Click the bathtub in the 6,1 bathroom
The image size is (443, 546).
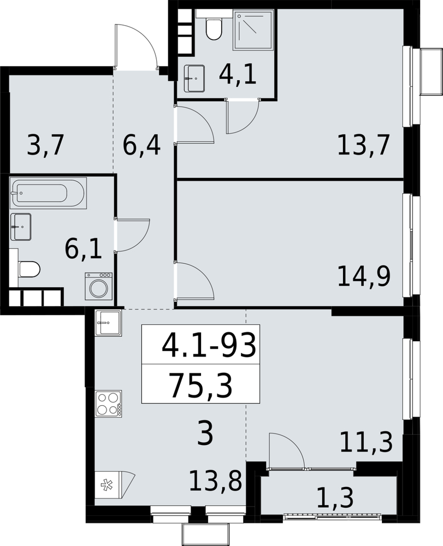pos(49,193)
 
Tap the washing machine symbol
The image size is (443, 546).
pos(98,286)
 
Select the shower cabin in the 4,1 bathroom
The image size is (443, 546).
pos(253,30)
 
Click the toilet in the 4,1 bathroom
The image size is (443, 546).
pos(213,26)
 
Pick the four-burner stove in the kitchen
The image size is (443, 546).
pos(108,403)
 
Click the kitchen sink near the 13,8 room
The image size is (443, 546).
pos(108,323)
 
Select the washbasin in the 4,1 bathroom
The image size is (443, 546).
pos(193,78)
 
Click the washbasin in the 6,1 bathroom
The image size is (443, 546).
pos(21,227)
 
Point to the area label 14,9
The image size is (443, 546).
pos(364,276)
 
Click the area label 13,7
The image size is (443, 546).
pos(363,145)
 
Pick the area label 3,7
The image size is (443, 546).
pos(45,145)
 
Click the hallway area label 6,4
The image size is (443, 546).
pos(141,145)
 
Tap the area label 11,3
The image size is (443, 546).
pos(366,442)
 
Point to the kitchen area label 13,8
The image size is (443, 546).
pos(216,480)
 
